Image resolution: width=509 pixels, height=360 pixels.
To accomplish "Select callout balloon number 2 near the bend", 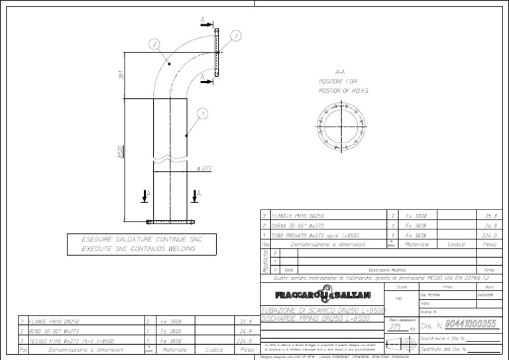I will point(154,44).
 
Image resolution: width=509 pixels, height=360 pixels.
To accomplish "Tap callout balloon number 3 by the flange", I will point(235,35).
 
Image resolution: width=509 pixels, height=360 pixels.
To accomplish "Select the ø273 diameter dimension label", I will point(203,168).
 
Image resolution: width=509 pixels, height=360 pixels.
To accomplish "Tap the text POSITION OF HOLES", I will point(343,91).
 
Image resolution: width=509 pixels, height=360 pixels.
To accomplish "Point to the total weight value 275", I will point(395,327).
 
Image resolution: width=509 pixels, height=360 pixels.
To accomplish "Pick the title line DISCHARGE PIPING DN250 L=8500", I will point(315,319).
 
